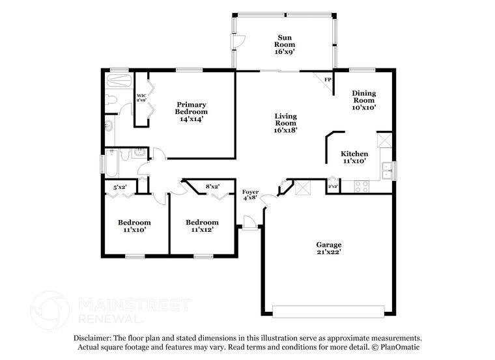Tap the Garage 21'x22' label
click(x=329, y=248)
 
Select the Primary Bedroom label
click(x=191, y=111)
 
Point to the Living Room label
click(x=285, y=122)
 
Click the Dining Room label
click(x=364, y=100)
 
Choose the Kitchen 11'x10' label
click(x=354, y=157)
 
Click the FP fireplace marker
click(x=328, y=80)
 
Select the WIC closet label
click(x=141, y=98)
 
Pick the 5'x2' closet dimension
click(x=120, y=187)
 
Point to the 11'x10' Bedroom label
click(x=134, y=225)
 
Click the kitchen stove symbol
click(x=361, y=186)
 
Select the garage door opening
click(x=328, y=309)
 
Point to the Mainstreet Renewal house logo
click(x=50, y=309)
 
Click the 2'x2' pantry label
click(x=333, y=186)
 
